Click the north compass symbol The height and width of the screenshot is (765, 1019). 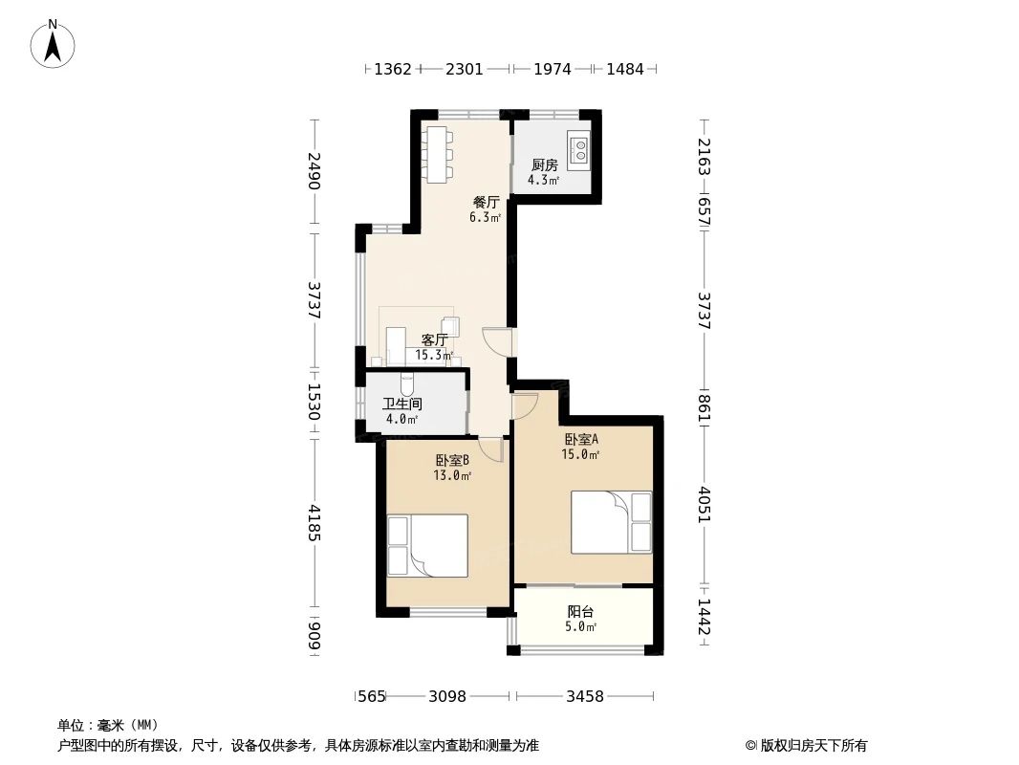[54, 43]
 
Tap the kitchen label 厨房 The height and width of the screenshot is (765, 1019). [544, 164]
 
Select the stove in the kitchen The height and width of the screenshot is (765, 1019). [578, 148]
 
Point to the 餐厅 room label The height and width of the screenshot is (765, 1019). [486, 203]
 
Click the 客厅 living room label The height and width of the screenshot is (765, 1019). [435, 339]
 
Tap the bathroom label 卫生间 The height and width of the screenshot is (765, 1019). [401, 404]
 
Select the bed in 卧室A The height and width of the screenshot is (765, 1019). [611, 522]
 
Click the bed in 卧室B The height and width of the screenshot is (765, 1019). [427, 545]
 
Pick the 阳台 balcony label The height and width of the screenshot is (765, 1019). [580, 611]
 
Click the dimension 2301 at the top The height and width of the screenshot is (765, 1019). [465, 69]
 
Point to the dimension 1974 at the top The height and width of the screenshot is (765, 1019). [552, 69]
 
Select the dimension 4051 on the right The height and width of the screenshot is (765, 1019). [704, 504]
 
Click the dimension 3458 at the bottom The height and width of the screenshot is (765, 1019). [584, 696]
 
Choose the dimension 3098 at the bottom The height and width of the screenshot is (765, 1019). [446, 696]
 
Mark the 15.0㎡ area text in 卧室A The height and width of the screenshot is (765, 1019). [580, 454]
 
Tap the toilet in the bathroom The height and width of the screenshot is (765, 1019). [408, 384]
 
